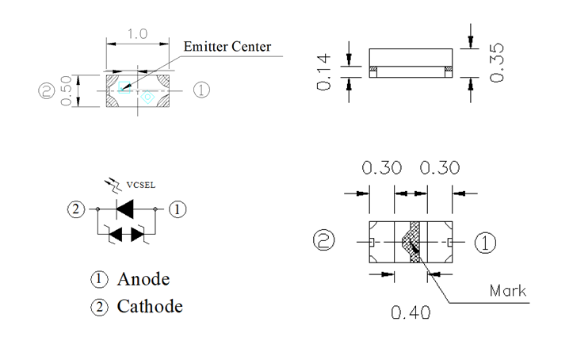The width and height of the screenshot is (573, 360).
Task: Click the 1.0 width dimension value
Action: pyautogui.click(x=138, y=36)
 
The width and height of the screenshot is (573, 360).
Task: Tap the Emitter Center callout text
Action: pyautogui.click(x=227, y=46)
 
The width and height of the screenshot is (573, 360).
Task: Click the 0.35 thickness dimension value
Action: pyautogui.click(x=498, y=61)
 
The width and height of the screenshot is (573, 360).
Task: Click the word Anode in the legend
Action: pyautogui.click(x=143, y=279)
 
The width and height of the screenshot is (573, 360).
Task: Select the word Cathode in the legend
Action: pyautogui.click(x=150, y=306)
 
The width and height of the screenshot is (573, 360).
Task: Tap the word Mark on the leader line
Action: pyautogui.click(x=507, y=290)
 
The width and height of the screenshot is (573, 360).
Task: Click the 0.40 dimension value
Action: pyautogui.click(x=411, y=312)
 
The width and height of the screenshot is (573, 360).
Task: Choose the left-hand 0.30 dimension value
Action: pyautogui.click(x=382, y=168)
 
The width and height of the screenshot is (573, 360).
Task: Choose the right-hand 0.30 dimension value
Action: pyautogui.click(x=439, y=168)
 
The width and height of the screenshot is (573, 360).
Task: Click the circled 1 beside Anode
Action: pyautogui.click(x=100, y=279)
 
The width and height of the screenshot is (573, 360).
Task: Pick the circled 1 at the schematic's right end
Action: pyautogui.click(x=179, y=209)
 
